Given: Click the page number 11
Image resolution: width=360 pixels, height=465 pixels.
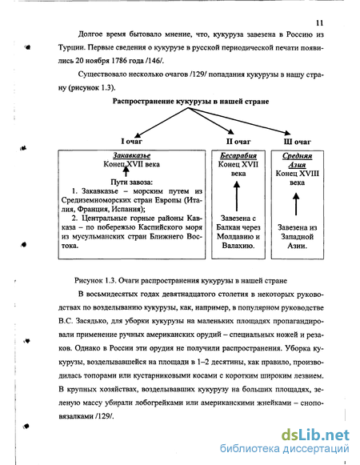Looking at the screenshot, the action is [x=319, y=23].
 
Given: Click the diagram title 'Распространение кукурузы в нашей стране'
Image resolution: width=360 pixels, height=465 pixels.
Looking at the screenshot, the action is [x=190, y=102].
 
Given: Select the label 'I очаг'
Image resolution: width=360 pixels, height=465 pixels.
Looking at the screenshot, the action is [x=132, y=141].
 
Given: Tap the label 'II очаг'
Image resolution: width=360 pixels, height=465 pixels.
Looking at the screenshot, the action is [x=238, y=142].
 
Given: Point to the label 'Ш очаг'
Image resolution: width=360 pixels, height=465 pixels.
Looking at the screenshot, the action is [x=297, y=142].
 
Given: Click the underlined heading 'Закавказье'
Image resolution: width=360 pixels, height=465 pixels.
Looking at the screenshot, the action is [x=132, y=155].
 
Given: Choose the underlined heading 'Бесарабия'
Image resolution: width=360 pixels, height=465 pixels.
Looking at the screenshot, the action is [x=238, y=155].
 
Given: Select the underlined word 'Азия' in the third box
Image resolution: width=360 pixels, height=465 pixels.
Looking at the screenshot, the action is [x=297, y=165].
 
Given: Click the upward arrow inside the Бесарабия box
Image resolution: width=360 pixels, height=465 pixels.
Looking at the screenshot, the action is [x=237, y=196].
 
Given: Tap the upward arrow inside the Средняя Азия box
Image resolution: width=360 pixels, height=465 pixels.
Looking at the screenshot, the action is [x=296, y=204].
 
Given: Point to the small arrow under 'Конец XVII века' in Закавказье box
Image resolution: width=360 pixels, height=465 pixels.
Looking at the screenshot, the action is [x=126, y=171].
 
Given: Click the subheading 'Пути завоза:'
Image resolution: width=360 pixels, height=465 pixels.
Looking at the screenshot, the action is [x=132, y=182].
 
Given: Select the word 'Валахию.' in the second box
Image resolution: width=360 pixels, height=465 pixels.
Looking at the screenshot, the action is [x=238, y=246].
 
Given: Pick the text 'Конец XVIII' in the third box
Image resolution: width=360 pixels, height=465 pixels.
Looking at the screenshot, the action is [x=297, y=173].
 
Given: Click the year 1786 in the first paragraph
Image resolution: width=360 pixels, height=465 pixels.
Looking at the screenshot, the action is [x=119, y=61].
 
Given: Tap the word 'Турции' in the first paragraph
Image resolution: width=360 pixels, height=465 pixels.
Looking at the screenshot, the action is [x=70, y=48].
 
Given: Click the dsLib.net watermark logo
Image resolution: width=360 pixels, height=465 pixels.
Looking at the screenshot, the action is [x=315, y=435].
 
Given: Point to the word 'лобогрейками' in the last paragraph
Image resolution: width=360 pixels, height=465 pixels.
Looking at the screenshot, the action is [x=159, y=403].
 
